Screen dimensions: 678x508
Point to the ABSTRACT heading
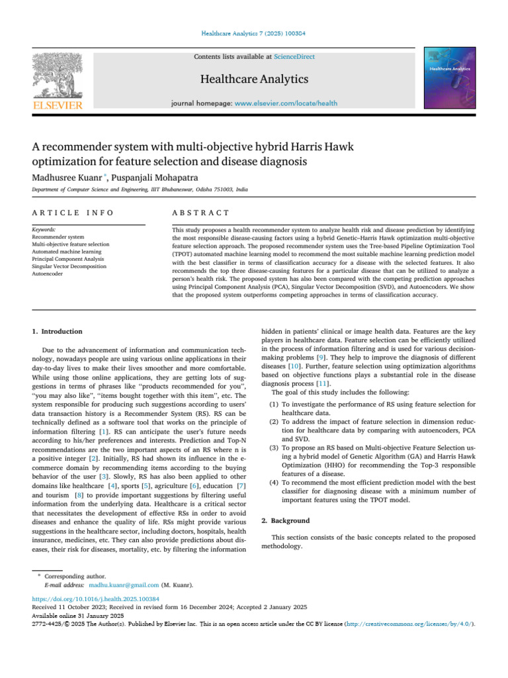[x=200, y=213]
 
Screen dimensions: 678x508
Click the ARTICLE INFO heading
[x=73, y=213]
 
